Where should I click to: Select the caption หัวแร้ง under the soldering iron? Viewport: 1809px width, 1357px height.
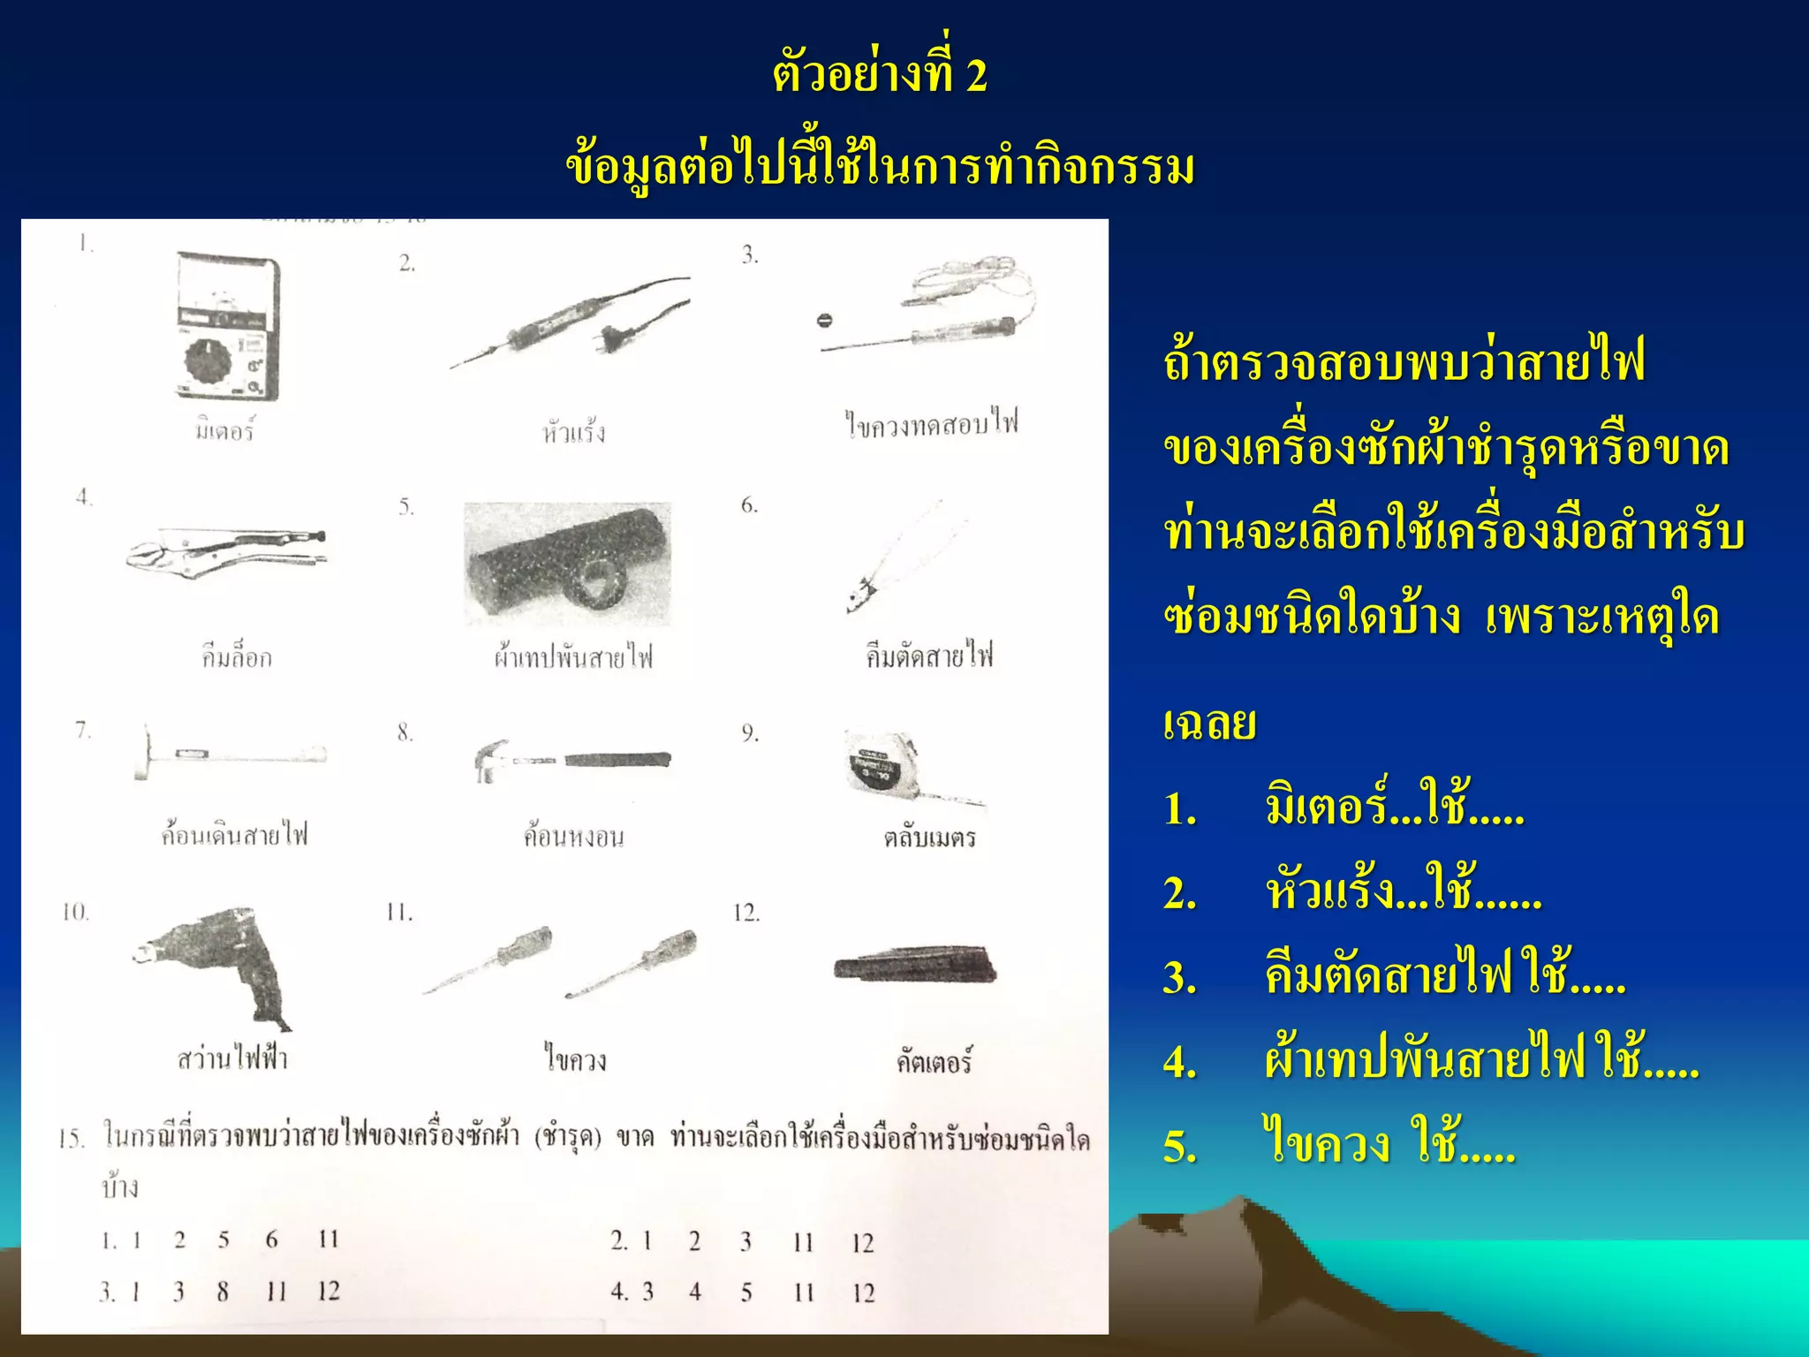click(x=574, y=432)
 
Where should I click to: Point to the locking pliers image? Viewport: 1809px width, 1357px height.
click(x=226, y=550)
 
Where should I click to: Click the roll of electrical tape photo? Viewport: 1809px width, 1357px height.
click(x=567, y=565)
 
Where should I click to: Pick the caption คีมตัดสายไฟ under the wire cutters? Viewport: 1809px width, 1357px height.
click(x=929, y=656)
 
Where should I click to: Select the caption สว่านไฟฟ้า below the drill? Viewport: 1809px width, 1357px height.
click(x=232, y=1058)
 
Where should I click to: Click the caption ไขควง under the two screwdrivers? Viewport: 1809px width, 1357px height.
click(x=575, y=1058)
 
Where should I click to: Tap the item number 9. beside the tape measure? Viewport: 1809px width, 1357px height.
click(x=750, y=733)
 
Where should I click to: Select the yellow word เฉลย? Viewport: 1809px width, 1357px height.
click(x=1209, y=723)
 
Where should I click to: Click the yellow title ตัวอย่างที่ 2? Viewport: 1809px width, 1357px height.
click(x=880, y=75)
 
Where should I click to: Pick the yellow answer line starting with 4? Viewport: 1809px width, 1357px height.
click(x=1431, y=1060)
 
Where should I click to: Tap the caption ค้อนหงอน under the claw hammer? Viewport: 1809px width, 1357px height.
click(x=573, y=836)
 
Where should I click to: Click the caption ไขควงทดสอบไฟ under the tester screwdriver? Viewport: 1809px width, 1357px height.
click(x=931, y=424)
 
